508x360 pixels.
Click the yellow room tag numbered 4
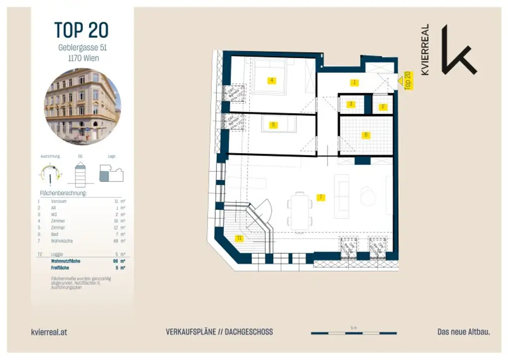[271, 80]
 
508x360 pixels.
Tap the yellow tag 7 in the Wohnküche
[321, 197]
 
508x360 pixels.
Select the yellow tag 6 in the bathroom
[366, 135]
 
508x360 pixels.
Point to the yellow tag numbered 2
[383, 107]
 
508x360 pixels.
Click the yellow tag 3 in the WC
[351, 104]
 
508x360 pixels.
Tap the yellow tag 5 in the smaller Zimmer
[273, 125]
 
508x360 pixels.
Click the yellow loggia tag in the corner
[240, 238]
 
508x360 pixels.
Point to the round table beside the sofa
[368, 196]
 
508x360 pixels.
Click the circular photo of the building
[82, 107]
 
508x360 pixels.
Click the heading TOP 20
[82, 31]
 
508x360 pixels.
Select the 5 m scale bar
[353, 333]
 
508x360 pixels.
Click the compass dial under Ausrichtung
[51, 174]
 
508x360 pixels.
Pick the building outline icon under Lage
[111, 174]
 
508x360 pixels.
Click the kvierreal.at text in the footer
[49, 332]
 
